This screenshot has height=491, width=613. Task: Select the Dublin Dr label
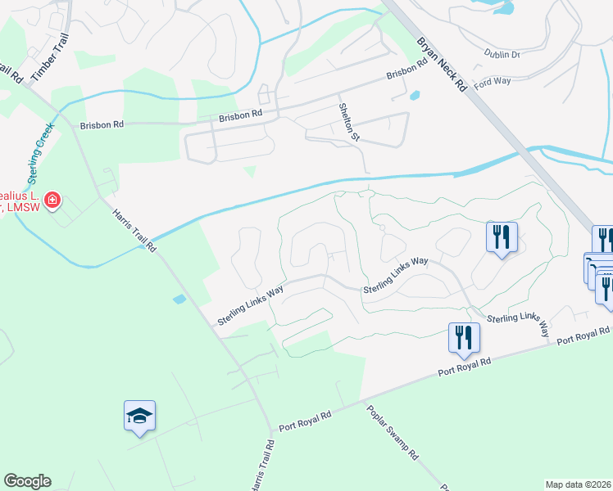504,54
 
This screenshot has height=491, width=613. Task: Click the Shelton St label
349,121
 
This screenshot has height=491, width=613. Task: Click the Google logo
27,481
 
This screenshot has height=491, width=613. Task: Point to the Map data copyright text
579,484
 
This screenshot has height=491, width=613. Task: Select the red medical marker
52,200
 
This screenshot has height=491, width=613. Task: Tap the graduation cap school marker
139,417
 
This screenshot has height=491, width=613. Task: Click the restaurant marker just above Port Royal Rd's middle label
464,337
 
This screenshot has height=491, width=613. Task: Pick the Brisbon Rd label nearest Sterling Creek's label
102,125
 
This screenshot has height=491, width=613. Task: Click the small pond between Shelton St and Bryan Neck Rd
414,96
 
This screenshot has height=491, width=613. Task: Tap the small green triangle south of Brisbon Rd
250,171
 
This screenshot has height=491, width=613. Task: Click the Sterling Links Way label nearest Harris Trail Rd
250,304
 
